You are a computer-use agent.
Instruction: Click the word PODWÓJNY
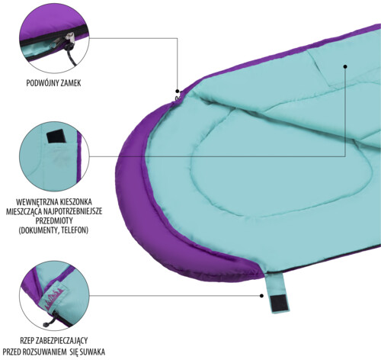click(x=41, y=83)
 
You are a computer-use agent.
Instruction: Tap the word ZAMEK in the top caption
click(x=69, y=83)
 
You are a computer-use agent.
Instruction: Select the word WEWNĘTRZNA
click(x=37, y=202)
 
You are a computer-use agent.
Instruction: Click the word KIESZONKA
click(x=75, y=202)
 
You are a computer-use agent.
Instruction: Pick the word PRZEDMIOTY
click(x=54, y=220)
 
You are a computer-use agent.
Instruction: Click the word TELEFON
click(x=75, y=230)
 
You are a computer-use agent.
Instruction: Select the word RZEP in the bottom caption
click(x=27, y=340)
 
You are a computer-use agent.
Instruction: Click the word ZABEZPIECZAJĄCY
click(x=62, y=341)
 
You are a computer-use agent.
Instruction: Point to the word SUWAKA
click(x=94, y=352)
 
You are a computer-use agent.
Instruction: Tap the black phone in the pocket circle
click(x=56, y=137)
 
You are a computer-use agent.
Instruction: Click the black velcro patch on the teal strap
click(x=279, y=303)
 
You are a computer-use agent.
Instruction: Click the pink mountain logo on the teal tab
click(x=54, y=299)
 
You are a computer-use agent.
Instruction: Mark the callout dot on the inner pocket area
click(x=345, y=66)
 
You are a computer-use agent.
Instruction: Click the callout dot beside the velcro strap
click(x=261, y=296)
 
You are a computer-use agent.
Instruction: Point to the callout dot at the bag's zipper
click(x=178, y=91)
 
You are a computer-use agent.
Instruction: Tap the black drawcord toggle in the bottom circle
click(x=46, y=325)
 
